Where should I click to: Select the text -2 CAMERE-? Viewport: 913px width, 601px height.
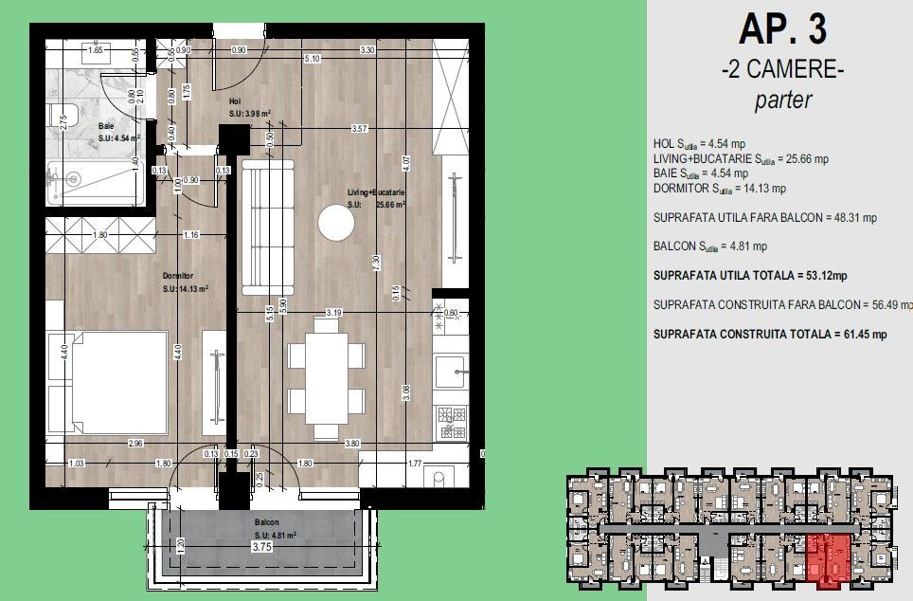tap(781, 70)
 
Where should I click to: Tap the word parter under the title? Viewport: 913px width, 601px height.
tap(782, 100)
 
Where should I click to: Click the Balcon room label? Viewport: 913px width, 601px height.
tap(266, 522)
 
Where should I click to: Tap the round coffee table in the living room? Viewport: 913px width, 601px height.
tap(335, 225)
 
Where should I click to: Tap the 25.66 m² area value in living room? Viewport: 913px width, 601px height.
tap(388, 204)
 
